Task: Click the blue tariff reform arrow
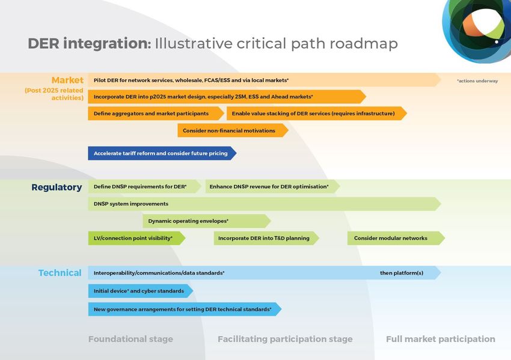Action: coord(162,153)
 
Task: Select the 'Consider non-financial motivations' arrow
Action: coord(233,130)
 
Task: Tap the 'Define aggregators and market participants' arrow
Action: coord(156,114)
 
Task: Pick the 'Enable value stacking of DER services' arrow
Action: coord(316,114)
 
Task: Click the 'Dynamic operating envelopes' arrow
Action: coord(207,221)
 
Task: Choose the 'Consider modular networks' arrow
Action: coord(396,238)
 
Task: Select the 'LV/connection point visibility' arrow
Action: coord(136,238)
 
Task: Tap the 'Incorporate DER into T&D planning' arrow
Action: coord(266,238)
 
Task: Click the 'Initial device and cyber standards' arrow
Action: coord(141,291)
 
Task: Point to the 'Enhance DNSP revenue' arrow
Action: coord(272,186)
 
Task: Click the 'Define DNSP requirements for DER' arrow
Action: coord(144,186)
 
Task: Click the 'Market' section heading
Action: coord(67,80)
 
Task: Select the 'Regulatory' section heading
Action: coord(57,188)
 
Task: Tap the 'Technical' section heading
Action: coord(60,273)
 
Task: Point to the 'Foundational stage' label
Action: coord(130,339)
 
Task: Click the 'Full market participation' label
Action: coord(441,339)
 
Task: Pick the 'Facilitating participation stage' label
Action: coord(285,339)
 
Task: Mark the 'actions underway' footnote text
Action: coord(477,81)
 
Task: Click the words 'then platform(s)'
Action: coord(402,273)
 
